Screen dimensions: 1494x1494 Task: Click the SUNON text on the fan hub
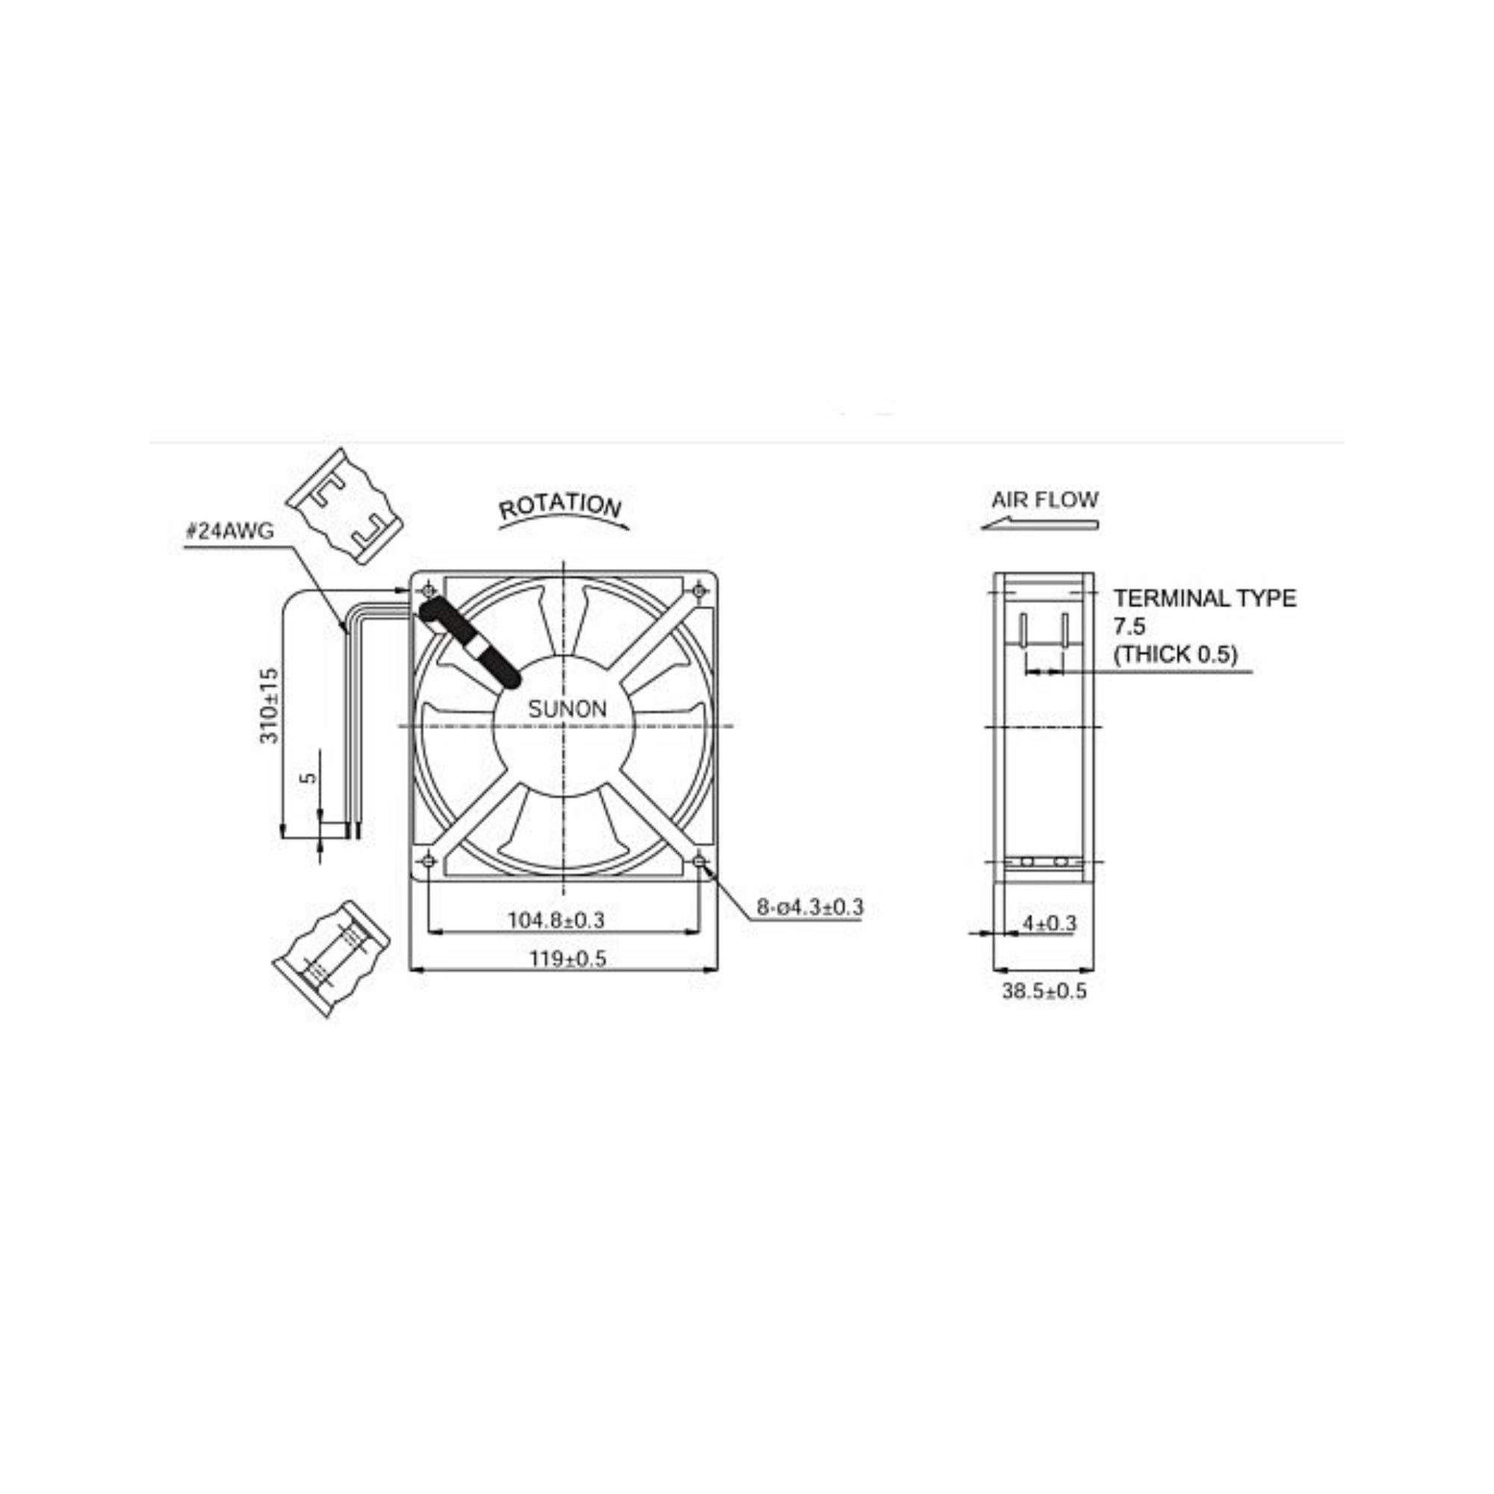(567, 709)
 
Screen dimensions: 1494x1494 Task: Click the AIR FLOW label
(1044, 500)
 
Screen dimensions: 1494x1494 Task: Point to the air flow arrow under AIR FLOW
(1039, 526)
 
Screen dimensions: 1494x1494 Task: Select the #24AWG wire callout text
(230, 532)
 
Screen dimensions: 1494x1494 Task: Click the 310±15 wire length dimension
(268, 706)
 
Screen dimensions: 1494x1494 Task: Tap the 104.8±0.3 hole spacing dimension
(555, 921)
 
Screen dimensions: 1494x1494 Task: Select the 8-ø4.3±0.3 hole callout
(809, 907)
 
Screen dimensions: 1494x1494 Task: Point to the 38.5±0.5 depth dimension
(1044, 991)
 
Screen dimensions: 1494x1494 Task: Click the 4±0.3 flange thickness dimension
(1050, 923)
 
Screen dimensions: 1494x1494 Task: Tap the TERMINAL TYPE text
(1204, 598)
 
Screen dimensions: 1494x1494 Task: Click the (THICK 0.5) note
(1174, 654)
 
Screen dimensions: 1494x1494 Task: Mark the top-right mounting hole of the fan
(699, 592)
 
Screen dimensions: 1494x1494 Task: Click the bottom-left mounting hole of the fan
(427, 861)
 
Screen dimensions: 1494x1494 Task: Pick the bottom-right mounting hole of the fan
(699, 861)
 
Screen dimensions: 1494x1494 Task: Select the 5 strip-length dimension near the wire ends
(309, 776)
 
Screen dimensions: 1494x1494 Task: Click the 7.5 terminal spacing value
(1129, 627)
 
